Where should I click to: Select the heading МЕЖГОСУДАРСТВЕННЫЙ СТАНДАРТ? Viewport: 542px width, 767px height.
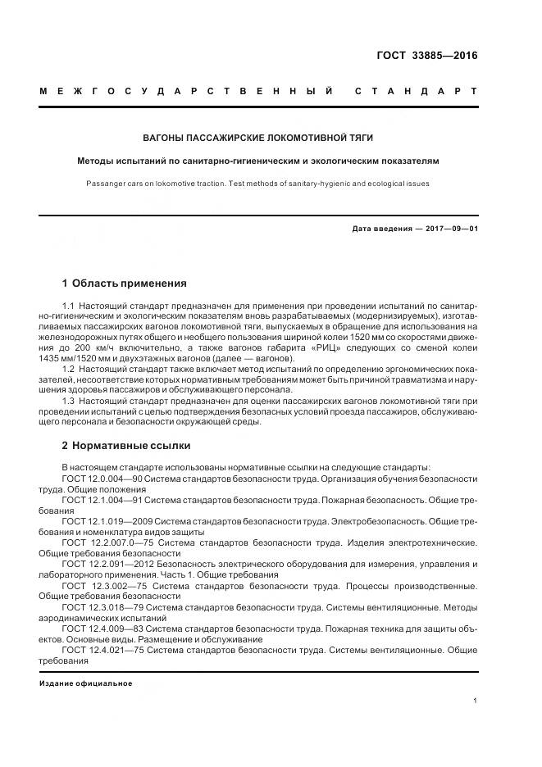click(x=258, y=90)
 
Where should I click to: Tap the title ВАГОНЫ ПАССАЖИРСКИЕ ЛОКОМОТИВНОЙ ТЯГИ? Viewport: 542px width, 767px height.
click(x=258, y=137)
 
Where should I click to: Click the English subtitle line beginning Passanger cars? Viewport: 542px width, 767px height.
click(x=258, y=184)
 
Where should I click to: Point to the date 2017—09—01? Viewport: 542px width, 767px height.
click(x=449, y=228)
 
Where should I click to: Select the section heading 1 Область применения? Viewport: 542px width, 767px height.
click(x=124, y=284)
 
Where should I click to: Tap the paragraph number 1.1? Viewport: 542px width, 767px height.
click(x=68, y=306)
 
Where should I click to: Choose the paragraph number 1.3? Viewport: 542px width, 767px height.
click(x=68, y=402)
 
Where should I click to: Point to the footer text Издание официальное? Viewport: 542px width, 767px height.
click(x=85, y=683)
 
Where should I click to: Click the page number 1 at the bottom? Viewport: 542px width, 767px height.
click(x=476, y=701)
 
